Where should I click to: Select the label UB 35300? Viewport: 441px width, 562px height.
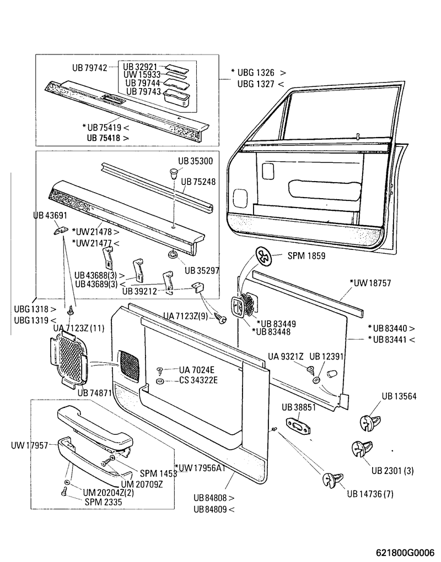pyautogui.click(x=191, y=161)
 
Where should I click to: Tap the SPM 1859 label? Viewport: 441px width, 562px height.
pyautogui.click(x=306, y=256)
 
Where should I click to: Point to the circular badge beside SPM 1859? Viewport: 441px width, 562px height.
pyautogui.click(x=265, y=257)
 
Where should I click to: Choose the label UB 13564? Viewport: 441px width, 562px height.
pyautogui.click(x=400, y=396)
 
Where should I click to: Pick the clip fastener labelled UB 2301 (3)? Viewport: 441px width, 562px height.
pyautogui.click(x=360, y=449)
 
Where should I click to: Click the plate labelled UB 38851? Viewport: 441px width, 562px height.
pyautogui.click(x=299, y=426)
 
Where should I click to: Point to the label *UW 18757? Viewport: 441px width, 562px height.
pyautogui.click(x=370, y=283)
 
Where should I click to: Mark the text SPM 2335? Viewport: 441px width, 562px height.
pyautogui.click(x=103, y=502)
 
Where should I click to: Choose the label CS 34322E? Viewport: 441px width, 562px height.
pyautogui.click(x=198, y=380)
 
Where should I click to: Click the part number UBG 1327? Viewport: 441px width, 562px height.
pyautogui.click(x=257, y=84)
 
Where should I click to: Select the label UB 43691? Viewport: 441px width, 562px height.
pyautogui.click(x=50, y=216)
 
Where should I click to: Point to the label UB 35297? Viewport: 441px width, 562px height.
pyautogui.click(x=202, y=270)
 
